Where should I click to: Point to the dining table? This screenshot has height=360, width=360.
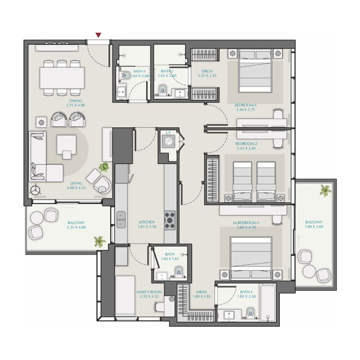pyautogui.click(x=62, y=77)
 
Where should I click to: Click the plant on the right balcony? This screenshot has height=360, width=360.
pyautogui.click(x=324, y=190)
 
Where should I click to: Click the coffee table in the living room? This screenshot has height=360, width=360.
pyautogui.click(x=66, y=146)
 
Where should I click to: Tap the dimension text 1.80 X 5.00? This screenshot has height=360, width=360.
pyautogui.click(x=314, y=228)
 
